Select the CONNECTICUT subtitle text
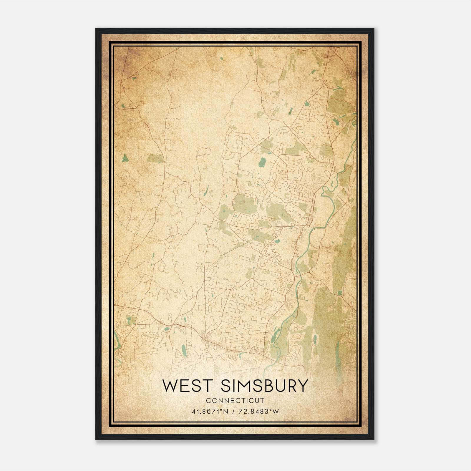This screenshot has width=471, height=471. [x=235, y=401]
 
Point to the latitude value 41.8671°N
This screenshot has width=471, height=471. [x=210, y=412]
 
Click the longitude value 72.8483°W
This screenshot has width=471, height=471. [x=258, y=412]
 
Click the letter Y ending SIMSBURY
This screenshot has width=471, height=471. [x=302, y=386]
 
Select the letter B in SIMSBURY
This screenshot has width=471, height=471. [x=267, y=386]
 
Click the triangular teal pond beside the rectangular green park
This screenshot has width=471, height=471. [x=125, y=158]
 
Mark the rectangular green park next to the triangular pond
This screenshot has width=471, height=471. [x=155, y=158]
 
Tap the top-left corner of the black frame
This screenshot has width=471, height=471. [x=96, y=29]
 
